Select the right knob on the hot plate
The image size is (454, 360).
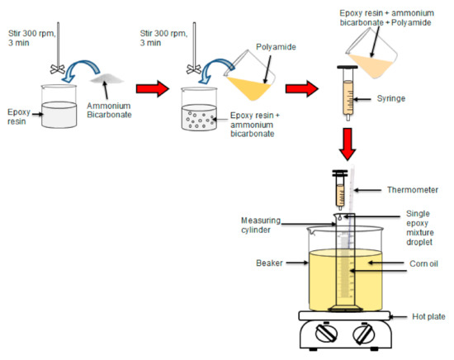coord(362,336)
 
